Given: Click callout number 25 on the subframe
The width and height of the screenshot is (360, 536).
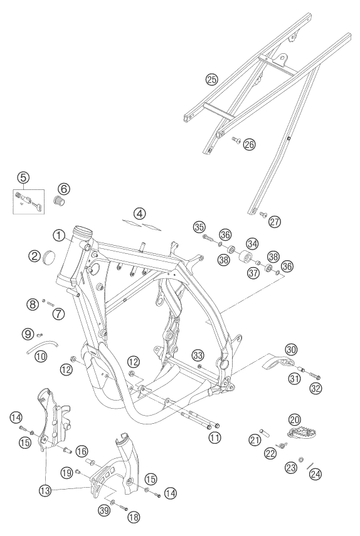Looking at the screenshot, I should (211, 79).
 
